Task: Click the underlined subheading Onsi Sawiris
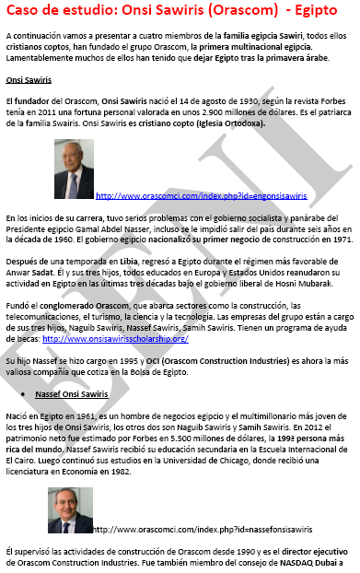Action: click(x=27, y=80)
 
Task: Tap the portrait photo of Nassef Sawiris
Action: click(x=69, y=510)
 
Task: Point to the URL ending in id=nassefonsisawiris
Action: click(x=202, y=530)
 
